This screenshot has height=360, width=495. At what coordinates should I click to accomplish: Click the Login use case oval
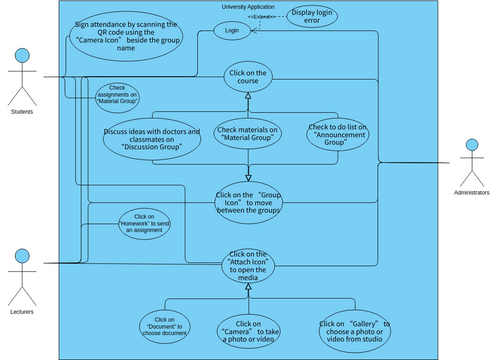232,31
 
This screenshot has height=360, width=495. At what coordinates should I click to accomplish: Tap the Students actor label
21,111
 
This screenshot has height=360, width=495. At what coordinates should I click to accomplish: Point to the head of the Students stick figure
21,56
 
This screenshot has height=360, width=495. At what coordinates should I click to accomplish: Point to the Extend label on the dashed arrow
263,17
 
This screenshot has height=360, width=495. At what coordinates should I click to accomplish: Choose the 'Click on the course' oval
247,78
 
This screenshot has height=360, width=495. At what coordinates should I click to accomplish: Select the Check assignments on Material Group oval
117,96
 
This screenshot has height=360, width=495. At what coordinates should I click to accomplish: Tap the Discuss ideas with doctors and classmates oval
152,139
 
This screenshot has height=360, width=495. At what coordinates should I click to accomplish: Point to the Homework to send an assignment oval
144,223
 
